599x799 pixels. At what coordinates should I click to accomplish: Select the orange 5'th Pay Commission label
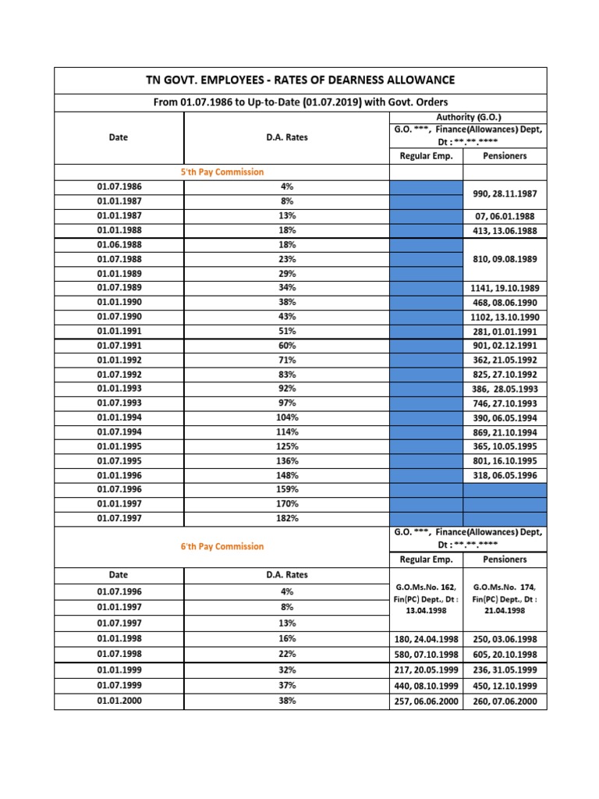tap(222, 172)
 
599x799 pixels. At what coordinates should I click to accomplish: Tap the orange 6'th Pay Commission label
tap(222, 546)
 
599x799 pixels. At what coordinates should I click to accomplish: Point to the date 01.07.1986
tap(119, 186)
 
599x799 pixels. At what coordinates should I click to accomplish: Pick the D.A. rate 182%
tap(287, 518)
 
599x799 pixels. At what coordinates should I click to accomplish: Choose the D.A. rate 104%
tap(287, 417)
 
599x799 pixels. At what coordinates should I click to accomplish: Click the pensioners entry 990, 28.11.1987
tap(505, 194)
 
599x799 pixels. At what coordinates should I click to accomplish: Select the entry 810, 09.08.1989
tap(505, 258)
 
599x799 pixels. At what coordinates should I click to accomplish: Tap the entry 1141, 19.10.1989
tap(505, 288)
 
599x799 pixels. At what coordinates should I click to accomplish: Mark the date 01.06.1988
tap(119, 244)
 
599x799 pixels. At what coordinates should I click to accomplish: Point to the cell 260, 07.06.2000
tap(505, 701)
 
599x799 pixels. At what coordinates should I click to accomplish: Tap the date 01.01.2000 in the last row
tap(119, 701)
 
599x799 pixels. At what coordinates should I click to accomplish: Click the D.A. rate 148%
tap(287, 475)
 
